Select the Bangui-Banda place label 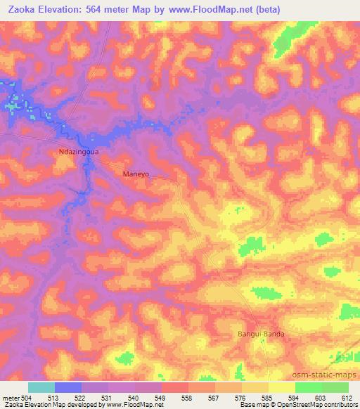[x=261, y=334]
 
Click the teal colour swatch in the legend [x=41, y=387]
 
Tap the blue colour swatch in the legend [x=68, y=387]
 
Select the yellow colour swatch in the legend [x=281, y=387]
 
